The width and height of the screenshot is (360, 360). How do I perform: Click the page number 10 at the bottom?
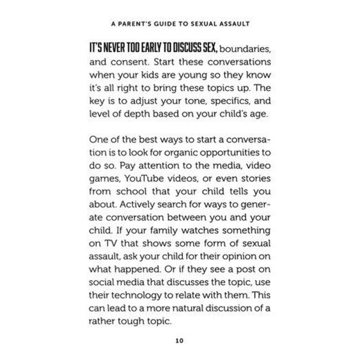click(x=179, y=340)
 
